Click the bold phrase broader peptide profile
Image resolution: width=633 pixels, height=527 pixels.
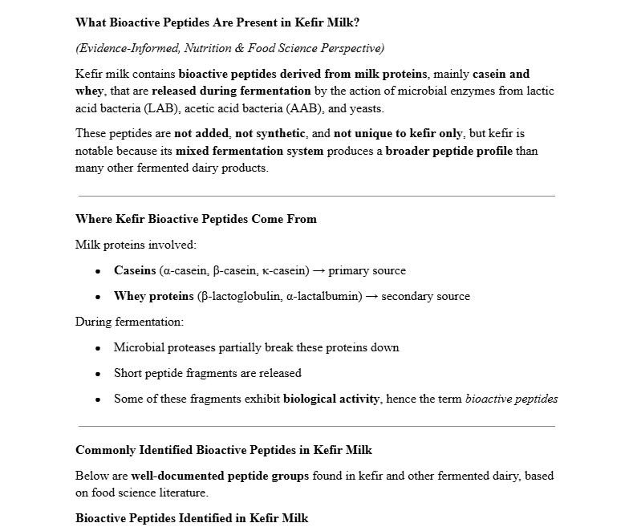click(x=449, y=150)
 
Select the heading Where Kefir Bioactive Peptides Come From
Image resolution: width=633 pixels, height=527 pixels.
click(x=196, y=219)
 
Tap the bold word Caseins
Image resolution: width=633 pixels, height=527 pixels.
click(x=135, y=270)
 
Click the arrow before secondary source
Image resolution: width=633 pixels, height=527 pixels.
click(x=371, y=296)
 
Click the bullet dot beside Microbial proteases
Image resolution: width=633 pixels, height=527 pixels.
click(x=97, y=348)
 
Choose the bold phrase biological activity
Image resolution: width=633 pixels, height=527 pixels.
click(x=331, y=399)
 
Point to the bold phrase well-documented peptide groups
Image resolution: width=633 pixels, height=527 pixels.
click(x=220, y=476)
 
